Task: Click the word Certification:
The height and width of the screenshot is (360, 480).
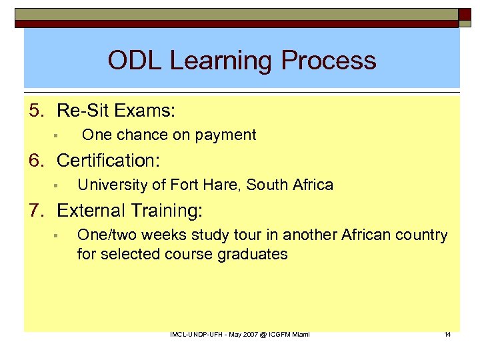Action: click(x=111, y=160)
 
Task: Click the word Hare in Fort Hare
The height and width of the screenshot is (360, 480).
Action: click(x=221, y=185)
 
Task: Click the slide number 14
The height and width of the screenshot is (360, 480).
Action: click(x=447, y=334)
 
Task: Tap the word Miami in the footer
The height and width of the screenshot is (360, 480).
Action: click(x=300, y=334)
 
